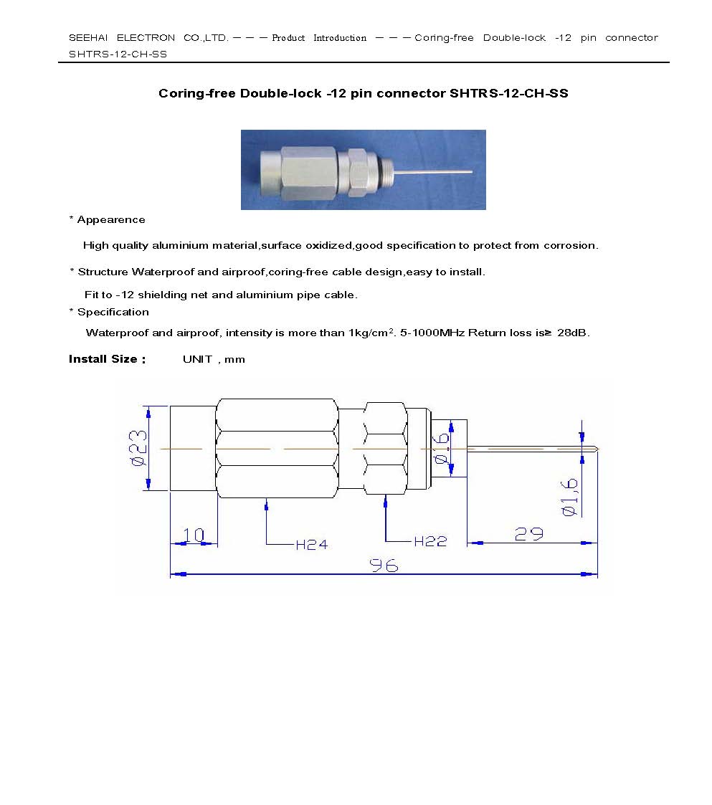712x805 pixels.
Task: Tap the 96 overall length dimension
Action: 384,566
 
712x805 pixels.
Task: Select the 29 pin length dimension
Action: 528,534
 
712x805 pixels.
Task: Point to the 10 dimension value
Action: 194,535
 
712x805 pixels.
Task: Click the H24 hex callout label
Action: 311,545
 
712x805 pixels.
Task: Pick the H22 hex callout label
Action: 430,542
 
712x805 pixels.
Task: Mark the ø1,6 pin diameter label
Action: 571,495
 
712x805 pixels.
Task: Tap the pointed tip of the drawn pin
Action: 596,449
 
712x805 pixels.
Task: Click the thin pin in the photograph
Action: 435,172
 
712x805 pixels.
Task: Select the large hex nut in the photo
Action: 307,172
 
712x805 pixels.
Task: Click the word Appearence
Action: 111,220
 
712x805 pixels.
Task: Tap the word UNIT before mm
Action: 197,359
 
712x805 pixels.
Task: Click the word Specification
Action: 113,313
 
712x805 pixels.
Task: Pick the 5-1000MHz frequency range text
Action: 433,333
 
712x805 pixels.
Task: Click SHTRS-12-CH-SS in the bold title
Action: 508,94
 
